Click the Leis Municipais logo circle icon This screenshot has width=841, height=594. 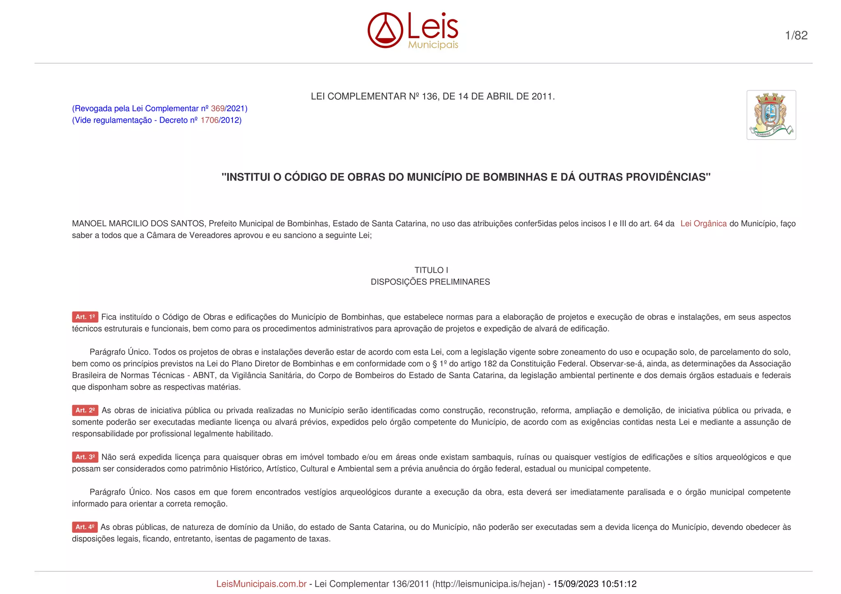[385, 30]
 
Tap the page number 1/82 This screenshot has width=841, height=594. [796, 35]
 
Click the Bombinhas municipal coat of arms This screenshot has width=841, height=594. [771, 115]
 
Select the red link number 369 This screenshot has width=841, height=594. [218, 108]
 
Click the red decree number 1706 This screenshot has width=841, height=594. [209, 120]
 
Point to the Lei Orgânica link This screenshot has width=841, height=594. [703, 224]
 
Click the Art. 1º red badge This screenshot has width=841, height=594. [85, 317]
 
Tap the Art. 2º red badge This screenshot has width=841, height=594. [85, 410]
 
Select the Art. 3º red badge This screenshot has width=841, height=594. [85, 457]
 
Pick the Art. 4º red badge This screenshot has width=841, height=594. [85, 527]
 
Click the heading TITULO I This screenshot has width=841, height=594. [431, 270]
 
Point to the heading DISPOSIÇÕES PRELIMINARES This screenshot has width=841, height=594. [430, 282]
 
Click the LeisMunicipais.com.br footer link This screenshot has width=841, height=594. [261, 584]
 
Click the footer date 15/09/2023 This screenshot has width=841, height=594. [575, 584]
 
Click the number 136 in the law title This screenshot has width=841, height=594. [430, 96]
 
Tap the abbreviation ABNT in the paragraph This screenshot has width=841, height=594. [204, 375]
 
